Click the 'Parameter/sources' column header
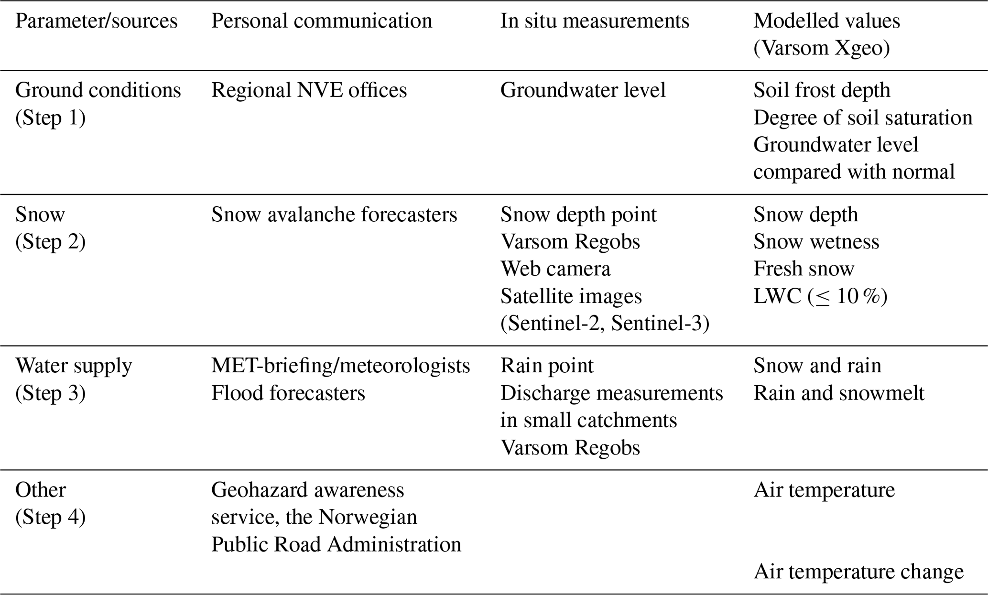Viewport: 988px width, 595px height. [x=96, y=21]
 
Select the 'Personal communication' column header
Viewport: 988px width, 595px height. [x=321, y=21]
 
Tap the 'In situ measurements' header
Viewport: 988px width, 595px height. [x=595, y=21]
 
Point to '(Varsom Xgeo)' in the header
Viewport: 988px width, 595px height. [x=821, y=48]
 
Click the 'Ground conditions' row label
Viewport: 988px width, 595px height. [x=98, y=90]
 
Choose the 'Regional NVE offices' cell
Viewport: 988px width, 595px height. [x=309, y=90]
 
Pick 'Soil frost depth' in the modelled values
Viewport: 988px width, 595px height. [x=822, y=90]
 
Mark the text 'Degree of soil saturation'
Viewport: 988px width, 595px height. [x=863, y=118]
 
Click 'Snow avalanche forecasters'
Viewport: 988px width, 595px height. [x=334, y=215]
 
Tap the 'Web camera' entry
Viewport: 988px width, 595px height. [x=555, y=269]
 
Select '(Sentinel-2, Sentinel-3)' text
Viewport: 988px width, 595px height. [x=605, y=324]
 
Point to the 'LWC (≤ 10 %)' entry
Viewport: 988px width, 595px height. [x=820, y=296]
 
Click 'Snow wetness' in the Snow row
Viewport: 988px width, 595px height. [x=816, y=242]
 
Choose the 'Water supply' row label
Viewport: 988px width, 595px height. [x=74, y=366]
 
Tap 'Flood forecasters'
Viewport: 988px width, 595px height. [x=288, y=393]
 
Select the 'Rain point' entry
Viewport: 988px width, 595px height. [x=546, y=366]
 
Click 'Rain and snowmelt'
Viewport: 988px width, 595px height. [x=839, y=393]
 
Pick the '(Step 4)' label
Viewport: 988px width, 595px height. [x=50, y=517]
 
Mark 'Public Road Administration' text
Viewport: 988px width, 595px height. [x=336, y=544]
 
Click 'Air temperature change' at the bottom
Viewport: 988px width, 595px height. [x=858, y=572]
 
